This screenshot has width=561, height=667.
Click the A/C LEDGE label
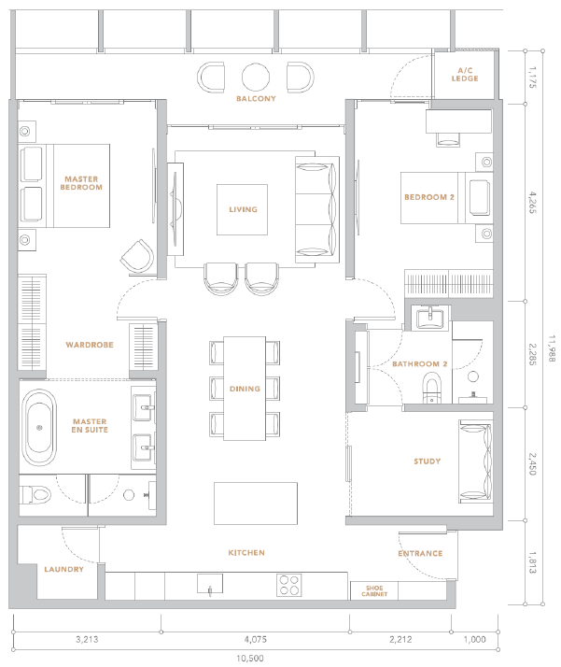[465, 75]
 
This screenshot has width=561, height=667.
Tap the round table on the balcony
[256, 77]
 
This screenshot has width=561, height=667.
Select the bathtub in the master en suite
[39, 427]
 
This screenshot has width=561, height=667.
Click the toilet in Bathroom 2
[432, 388]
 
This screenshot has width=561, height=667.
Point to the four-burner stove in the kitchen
[289, 585]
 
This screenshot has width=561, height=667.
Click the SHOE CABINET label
[374, 590]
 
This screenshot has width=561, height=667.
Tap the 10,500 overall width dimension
[250, 658]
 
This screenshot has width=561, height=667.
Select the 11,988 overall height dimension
[552, 348]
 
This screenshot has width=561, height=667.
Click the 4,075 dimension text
[255, 639]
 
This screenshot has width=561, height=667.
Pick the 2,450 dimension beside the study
[532, 463]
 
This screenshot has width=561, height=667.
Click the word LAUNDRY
[63, 569]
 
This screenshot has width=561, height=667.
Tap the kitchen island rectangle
[256, 504]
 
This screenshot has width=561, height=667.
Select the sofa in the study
[475, 461]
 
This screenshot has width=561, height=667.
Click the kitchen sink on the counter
[210, 584]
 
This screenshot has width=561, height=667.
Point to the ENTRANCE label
[420, 553]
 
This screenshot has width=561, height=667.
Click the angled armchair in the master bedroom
[137, 256]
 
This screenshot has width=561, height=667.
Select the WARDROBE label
[90, 345]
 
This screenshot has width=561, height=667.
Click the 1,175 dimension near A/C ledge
[532, 77]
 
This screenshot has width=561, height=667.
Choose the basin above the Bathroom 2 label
[429, 318]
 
